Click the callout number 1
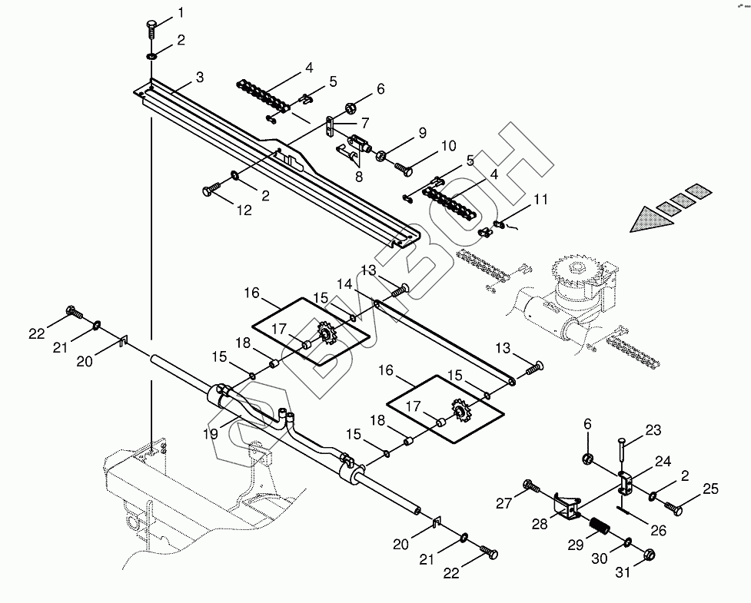pyautogui.click(x=181, y=12)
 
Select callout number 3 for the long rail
pyautogui.click(x=199, y=77)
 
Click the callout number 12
pyautogui.click(x=244, y=210)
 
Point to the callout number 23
pyautogui.click(x=653, y=431)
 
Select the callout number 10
pyautogui.click(x=448, y=146)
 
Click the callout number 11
pyautogui.click(x=541, y=200)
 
